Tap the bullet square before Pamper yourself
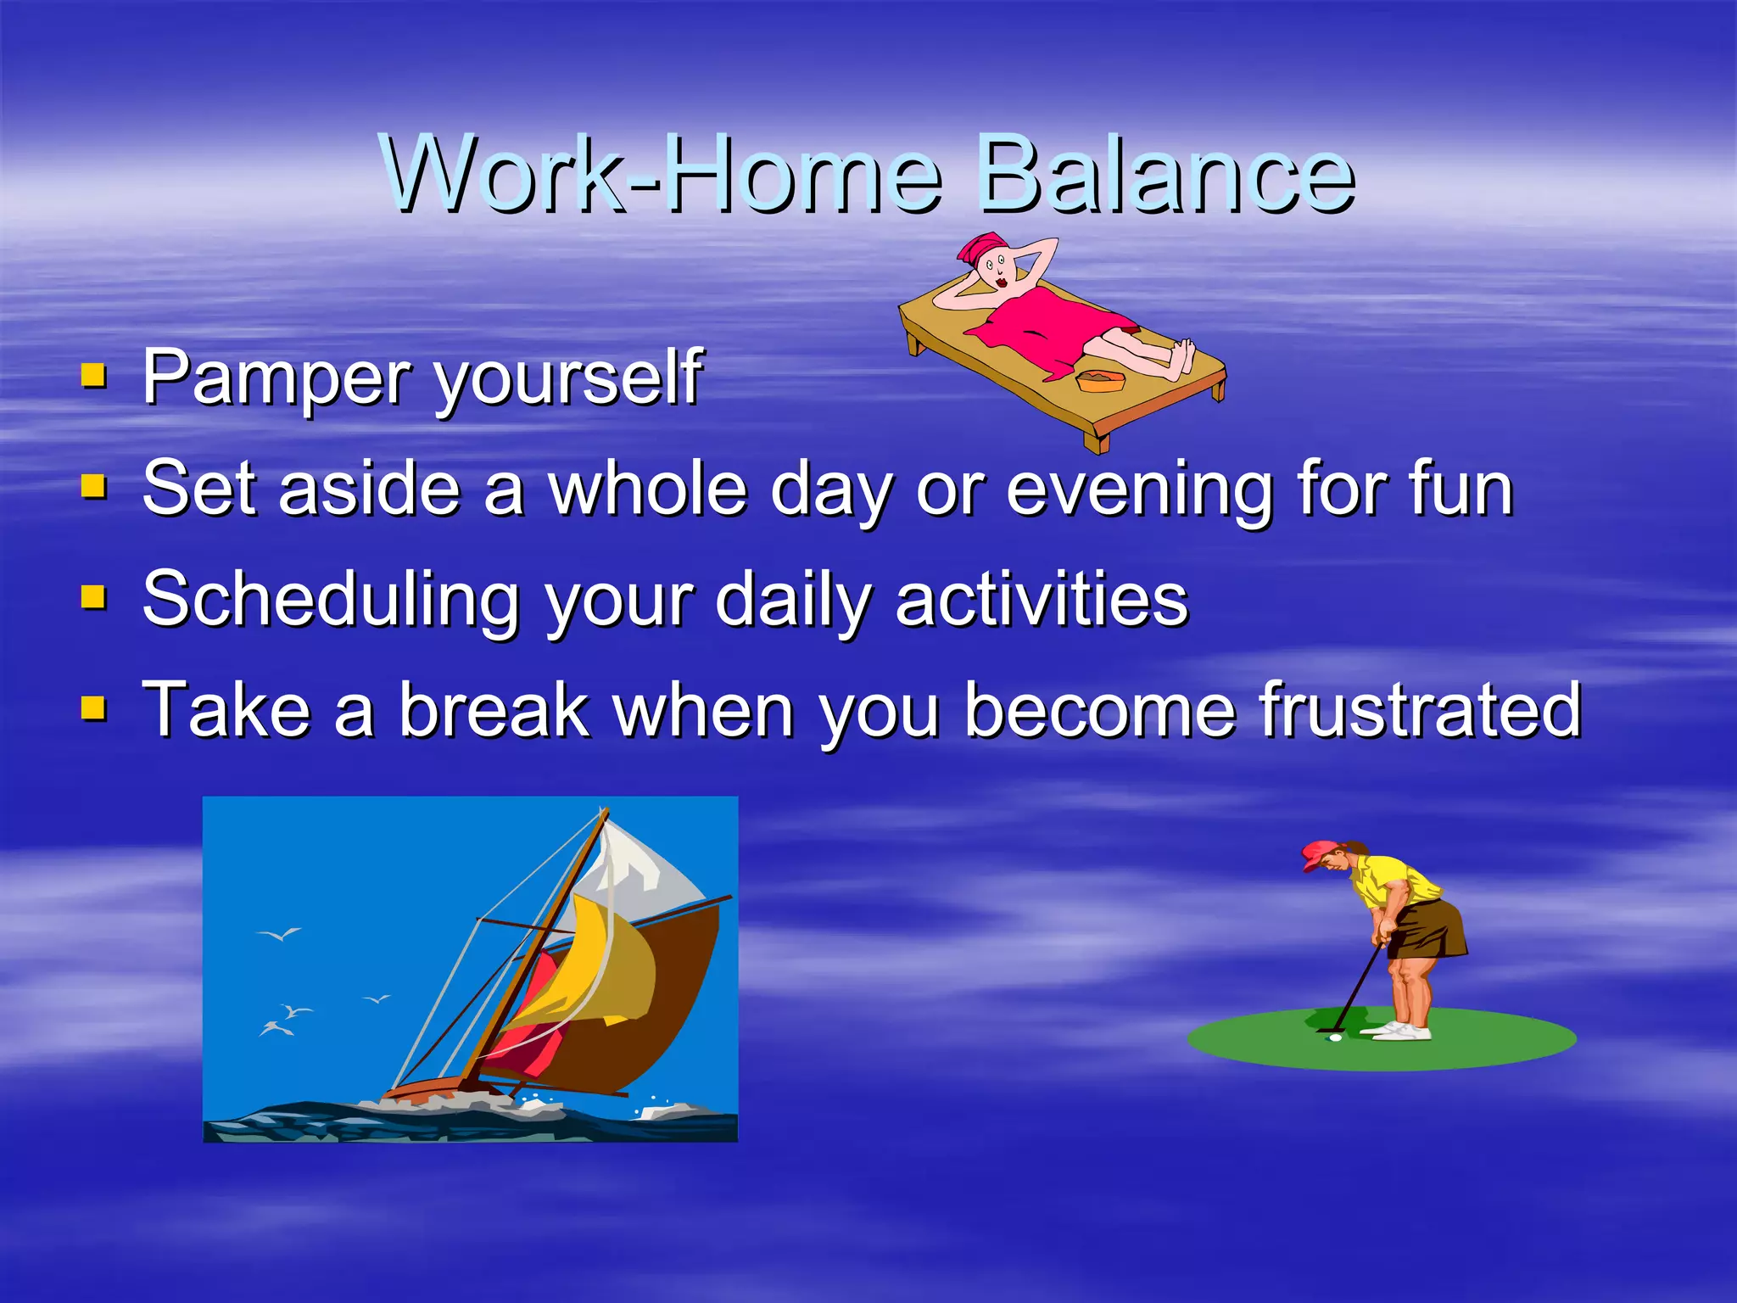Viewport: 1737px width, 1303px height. (93, 375)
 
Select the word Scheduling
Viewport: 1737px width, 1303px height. (331, 600)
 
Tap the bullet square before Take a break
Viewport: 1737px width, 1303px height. (93, 707)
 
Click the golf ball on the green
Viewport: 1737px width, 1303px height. (1335, 1037)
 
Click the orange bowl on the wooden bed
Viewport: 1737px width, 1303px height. (1100, 381)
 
